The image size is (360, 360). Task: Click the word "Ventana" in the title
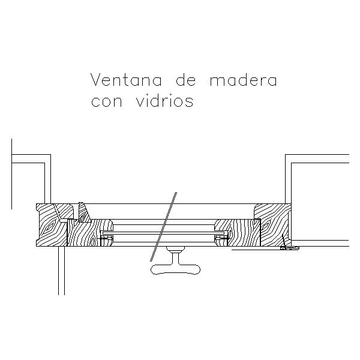pos(126,80)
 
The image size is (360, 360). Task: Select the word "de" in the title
pos(186,80)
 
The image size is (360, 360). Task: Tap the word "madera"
pos(244,80)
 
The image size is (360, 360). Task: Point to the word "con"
pos(107,101)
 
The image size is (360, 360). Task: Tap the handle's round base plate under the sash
pos(175,248)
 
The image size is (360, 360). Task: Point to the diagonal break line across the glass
pos(163,227)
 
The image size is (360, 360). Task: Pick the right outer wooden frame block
pos(273,225)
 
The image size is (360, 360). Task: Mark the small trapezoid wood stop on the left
pos(84,212)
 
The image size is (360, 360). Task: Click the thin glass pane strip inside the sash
pos(163,233)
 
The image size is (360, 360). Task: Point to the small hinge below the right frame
pos(290,248)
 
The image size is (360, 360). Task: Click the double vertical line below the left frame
pos(61,271)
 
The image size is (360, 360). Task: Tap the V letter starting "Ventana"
pos(96,80)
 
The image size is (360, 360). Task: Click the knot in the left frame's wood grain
pos(49,227)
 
